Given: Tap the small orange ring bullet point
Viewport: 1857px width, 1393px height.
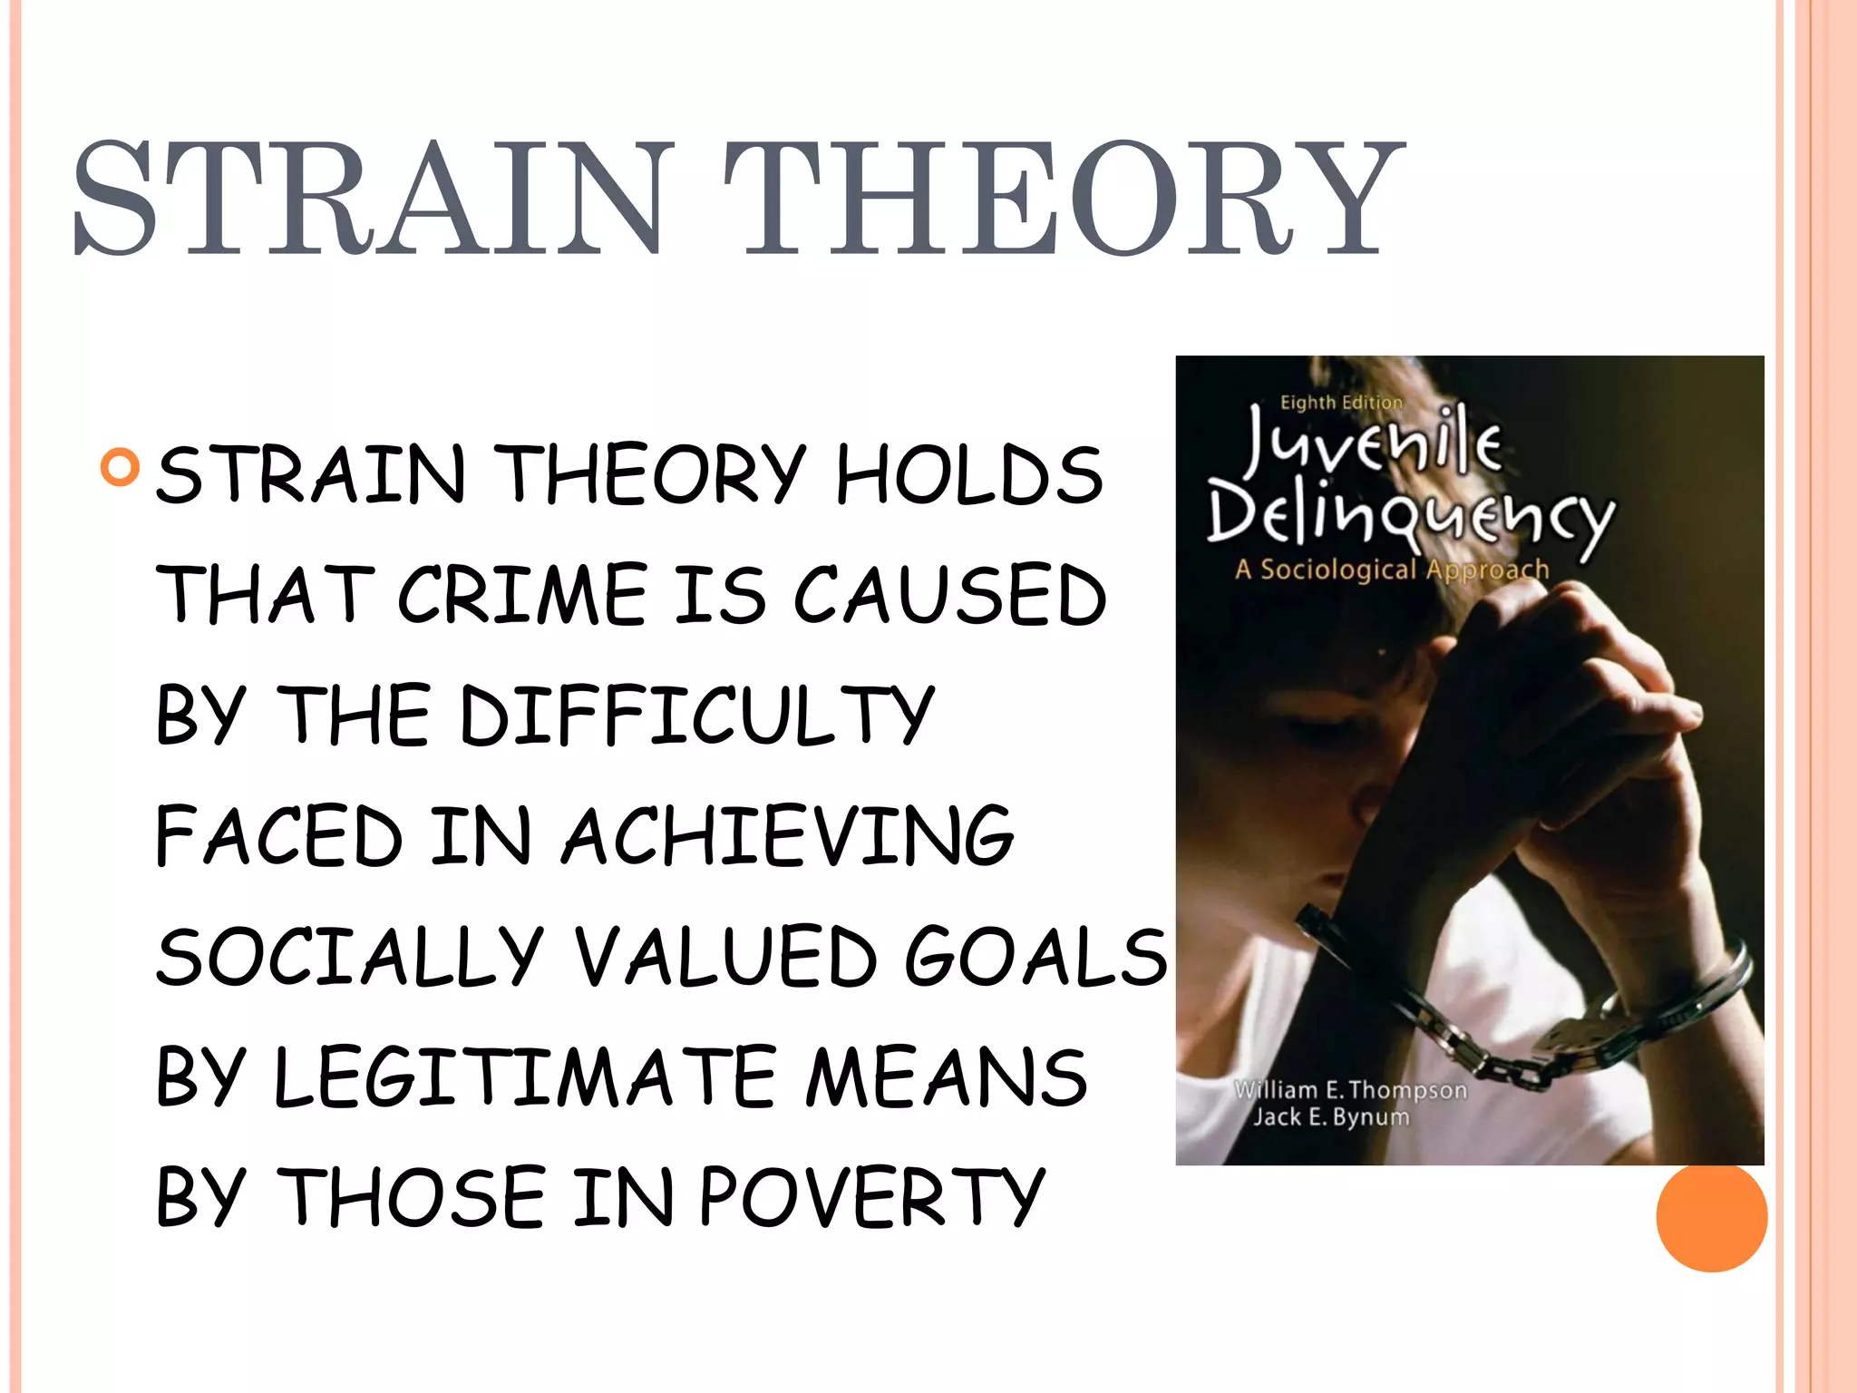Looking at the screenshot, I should tap(121, 467).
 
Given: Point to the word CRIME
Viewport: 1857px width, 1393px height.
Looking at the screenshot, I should tap(522, 595).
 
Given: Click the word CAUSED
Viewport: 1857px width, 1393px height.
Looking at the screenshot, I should tap(950, 595).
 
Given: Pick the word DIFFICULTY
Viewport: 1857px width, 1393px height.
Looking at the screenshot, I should tap(696, 716).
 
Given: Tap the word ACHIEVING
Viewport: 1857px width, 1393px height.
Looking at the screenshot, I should tap(788, 836).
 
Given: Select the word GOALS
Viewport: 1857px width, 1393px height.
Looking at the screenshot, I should tap(1035, 957).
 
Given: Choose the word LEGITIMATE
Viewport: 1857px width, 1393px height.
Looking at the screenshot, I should tap(524, 1077).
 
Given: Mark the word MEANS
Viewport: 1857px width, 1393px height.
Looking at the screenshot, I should tap(947, 1077).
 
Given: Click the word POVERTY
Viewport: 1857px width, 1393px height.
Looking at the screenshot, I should tap(872, 1197).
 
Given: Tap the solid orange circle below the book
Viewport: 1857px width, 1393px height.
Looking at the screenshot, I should tap(1711, 1217).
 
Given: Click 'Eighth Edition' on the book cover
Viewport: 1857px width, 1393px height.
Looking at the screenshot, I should tap(1341, 402).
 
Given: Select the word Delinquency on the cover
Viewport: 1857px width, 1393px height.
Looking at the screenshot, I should tap(1411, 518).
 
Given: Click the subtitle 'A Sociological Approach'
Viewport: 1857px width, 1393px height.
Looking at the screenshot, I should tap(1392, 570).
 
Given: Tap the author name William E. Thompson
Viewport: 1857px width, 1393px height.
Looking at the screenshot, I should tap(1350, 1089).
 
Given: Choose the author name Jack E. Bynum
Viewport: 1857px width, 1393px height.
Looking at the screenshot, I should tap(1331, 1116).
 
